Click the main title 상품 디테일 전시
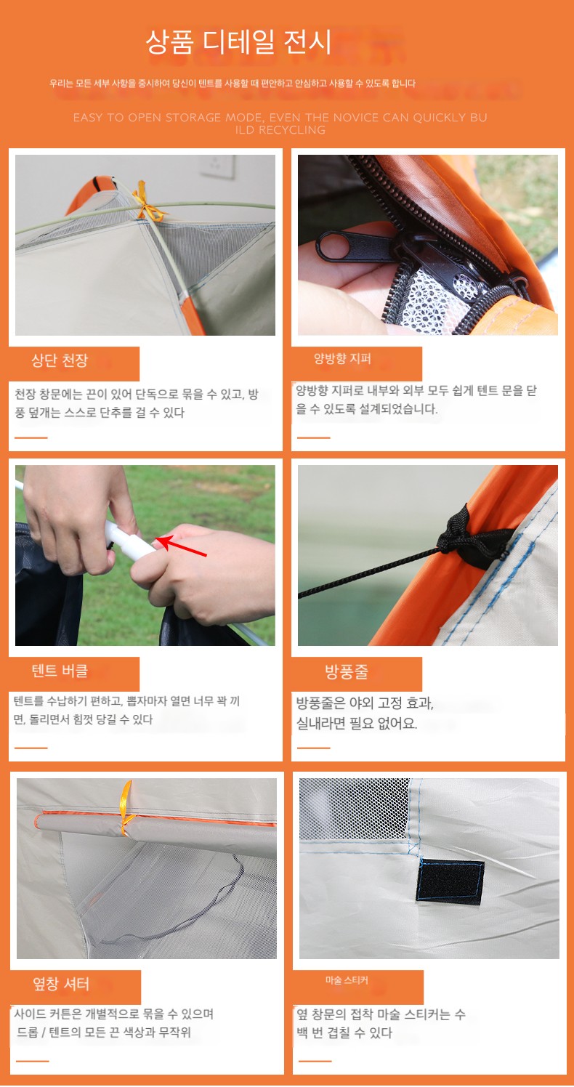pyautogui.click(x=238, y=41)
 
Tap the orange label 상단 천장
pyautogui.click(x=60, y=360)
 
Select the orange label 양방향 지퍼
pyautogui.click(x=342, y=359)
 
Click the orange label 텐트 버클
pyautogui.click(x=60, y=671)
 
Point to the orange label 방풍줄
pyautogui.click(x=347, y=671)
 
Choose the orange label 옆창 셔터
pyautogui.click(x=61, y=984)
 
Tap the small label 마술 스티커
pyautogui.click(x=347, y=980)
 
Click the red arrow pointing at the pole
pyautogui.click(x=181, y=546)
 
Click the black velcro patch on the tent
pyautogui.click(x=450, y=882)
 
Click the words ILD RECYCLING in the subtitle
pyautogui.click(x=280, y=130)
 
